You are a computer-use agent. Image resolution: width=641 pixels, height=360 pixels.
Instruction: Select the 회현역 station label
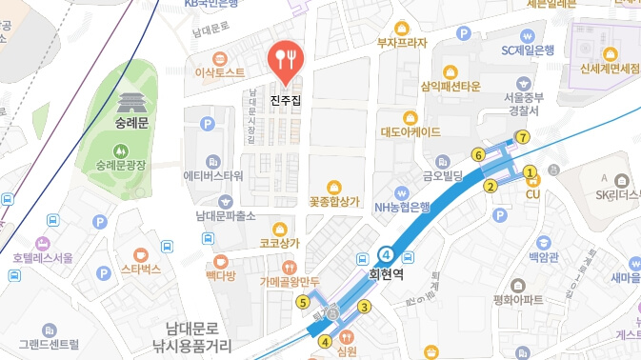(x=388, y=273)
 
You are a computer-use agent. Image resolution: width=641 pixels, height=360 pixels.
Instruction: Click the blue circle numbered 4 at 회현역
(x=386, y=254)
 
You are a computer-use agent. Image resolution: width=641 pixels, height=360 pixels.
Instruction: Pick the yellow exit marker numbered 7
(x=522, y=137)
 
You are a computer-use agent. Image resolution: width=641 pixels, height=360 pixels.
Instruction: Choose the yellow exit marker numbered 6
(x=478, y=154)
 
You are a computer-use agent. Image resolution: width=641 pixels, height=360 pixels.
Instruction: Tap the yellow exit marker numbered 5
(x=303, y=303)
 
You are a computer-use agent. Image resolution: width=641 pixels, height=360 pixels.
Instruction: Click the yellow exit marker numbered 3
(x=364, y=306)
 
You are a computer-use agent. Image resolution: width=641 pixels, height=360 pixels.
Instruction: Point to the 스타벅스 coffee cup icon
(x=140, y=254)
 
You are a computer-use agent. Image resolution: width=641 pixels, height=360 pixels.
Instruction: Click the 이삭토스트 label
(x=220, y=72)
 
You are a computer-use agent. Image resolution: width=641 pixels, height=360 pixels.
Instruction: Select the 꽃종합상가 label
(x=334, y=202)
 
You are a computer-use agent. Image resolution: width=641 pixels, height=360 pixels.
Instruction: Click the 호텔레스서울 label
(x=42, y=258)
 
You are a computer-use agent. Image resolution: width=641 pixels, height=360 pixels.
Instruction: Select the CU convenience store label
(x=533, y=194)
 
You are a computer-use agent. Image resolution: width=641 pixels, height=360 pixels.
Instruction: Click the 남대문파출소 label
(x=226, y=216)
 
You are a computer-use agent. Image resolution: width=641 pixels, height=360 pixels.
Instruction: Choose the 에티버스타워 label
(x=213, y=176)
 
